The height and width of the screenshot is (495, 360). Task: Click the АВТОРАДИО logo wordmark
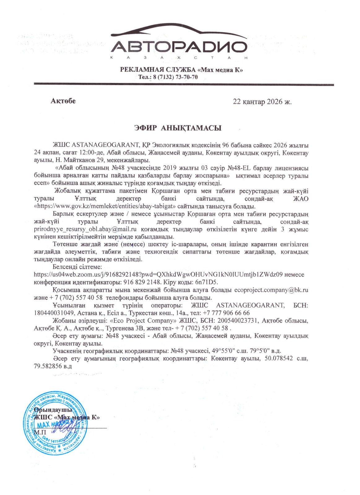pyautogui.click(x=179, y=47)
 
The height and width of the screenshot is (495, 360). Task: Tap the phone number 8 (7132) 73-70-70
pyautogui.click(x=175, y=77)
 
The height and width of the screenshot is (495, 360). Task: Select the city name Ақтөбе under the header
pyautogui.click(x=63, y=101)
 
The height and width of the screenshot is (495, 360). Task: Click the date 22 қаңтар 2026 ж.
pyautogui.click(x=262, y=101)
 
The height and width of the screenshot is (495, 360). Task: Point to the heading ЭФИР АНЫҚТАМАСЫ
pyautogui.click(x=178, y=128)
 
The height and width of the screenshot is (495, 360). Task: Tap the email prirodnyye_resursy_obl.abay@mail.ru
pyautogui.click(x=85, y=229)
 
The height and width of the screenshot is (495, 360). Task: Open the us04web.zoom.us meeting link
pyautogui.click(x=158, y=274)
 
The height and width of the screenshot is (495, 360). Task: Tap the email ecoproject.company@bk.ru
pyautogui.click(x=271, y=290)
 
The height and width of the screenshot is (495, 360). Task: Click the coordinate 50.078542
pyautogui.click(x=279, y=359)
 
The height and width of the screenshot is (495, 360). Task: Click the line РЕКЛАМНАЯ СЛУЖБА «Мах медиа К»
pyautogui.click(x=181, y=70)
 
